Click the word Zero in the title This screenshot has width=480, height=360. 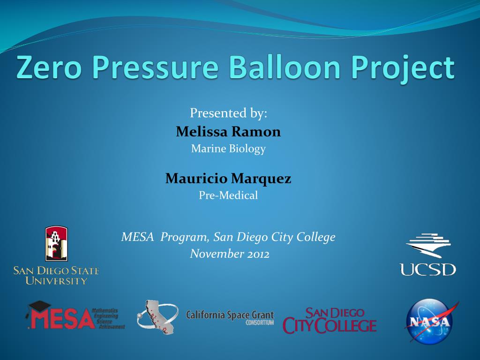49,67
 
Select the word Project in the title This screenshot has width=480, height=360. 403,69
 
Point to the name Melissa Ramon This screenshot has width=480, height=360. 228,132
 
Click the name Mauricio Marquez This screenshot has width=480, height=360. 228,179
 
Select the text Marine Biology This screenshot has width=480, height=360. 228,149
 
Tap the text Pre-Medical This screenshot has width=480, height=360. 228,195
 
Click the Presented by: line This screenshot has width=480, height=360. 228,113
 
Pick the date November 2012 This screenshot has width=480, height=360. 230,254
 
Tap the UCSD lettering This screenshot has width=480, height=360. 427,270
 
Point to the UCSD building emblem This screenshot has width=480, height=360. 428,245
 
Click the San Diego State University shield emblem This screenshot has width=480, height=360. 56,244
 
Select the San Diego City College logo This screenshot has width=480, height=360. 330,321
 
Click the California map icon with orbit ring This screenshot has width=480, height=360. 157,317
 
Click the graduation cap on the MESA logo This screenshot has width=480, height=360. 39,307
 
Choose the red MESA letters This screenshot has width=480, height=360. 61,318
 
